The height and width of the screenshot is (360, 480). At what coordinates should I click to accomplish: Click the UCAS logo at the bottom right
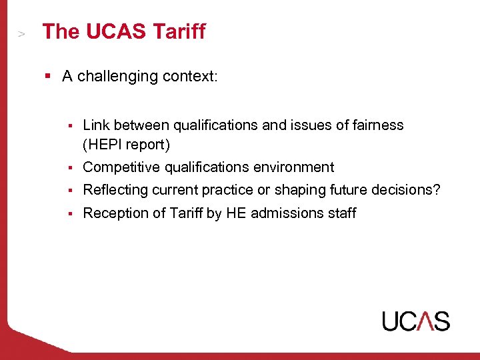415,321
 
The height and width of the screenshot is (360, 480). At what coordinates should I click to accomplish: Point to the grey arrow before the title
21,33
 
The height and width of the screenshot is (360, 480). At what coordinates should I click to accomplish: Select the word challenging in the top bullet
119,76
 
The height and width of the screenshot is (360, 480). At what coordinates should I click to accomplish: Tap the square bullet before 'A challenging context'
48,76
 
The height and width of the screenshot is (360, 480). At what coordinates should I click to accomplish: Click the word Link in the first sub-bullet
96,125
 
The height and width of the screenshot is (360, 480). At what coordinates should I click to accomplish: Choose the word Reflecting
115,189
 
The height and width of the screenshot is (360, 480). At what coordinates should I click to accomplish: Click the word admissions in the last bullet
283,213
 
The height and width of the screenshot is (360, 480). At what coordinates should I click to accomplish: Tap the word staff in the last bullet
341,213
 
